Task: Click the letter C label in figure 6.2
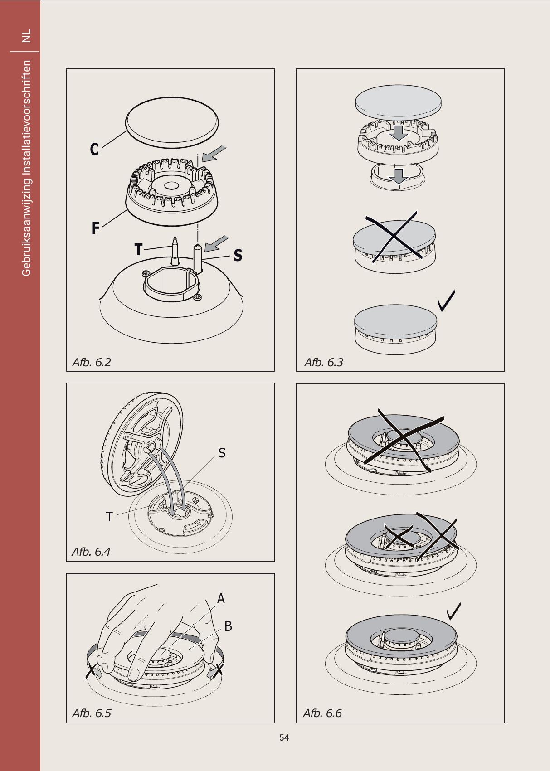(94, 149)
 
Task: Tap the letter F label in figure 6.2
(96, 228)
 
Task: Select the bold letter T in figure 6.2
(138, 249)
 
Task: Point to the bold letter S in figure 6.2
(238, 255)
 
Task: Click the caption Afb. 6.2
(92, 362)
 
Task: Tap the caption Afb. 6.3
(324, 362)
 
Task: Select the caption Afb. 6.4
(91, 552)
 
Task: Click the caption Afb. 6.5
(92, 713)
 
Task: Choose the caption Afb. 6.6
(322, 713)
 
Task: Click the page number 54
(284, 737)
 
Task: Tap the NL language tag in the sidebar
(26, 36)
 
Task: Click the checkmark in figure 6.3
(446, 301)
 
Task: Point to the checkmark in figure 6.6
(453, 611)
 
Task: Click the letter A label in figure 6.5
(221, 599)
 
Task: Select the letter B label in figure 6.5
(228, 626)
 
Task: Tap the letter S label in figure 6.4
(222, 453)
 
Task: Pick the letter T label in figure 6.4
(109, 517)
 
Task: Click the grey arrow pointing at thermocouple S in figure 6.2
(217, 244)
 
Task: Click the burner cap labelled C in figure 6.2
(172, 122)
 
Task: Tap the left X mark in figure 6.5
(91, 671)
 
